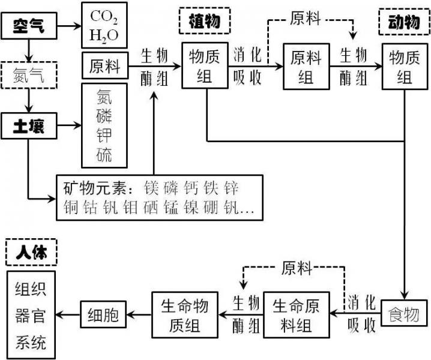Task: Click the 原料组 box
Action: (306, 67)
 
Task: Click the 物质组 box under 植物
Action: (206, 67)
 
